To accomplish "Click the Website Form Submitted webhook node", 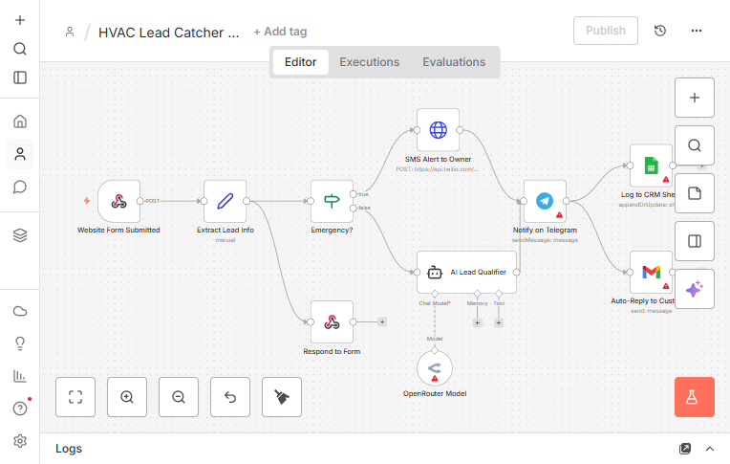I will pos(118,201).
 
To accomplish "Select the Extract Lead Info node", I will pos(225,201).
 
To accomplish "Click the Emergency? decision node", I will pos(332,201).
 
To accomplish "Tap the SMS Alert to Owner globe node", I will pos(438,129).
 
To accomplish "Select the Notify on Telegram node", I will pos(545,201).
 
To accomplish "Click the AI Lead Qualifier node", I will pos(466,272).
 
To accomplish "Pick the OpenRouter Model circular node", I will pos(435,367).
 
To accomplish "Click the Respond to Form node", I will pos(332,322).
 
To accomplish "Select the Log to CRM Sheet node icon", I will pos(651,166).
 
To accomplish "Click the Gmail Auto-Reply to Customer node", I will pos(651,273).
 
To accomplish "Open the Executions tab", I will pos(369,62).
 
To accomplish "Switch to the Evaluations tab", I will pos(454,62).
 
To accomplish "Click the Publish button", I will pos(605,31).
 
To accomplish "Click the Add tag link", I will pos(280,32).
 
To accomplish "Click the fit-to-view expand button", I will pos(75,397).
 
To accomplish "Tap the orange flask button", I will pos(695,397).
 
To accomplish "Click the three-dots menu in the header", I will pos(697,31).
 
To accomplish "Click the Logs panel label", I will pos(69,449).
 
